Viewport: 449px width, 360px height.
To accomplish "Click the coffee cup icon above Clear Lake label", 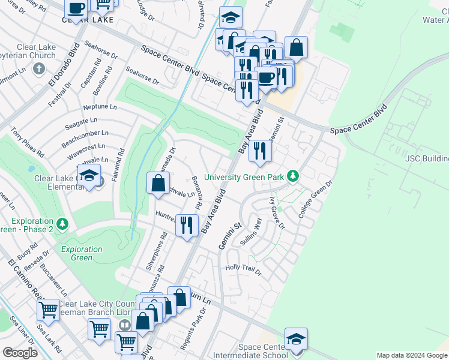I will [76, 8].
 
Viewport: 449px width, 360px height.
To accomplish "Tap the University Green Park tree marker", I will [293, 176].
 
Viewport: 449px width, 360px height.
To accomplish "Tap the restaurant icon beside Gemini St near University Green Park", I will [260, 151].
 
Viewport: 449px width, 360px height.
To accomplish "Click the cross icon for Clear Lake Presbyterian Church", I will [38, 68].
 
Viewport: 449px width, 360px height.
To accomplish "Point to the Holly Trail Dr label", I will [243, 269].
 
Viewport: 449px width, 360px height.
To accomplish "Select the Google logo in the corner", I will [20, 353].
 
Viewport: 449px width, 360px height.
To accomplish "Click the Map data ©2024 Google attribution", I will [412, 355].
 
